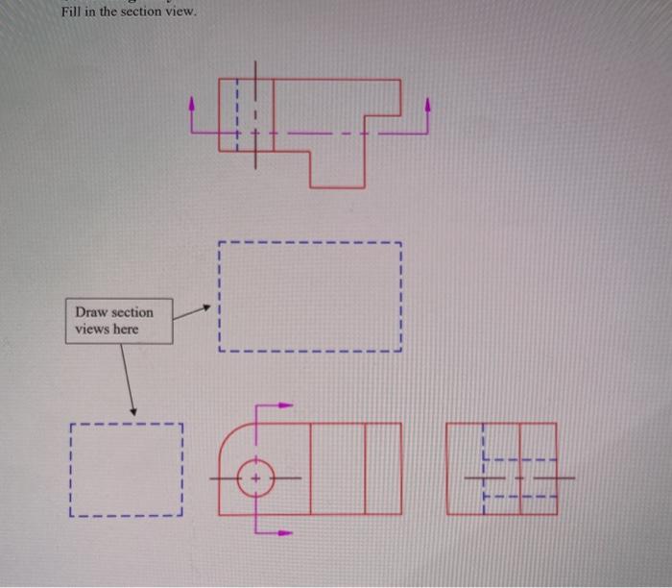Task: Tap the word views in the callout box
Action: pos(91,330)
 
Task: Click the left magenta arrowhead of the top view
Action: pos(194,102)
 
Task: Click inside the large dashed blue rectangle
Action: pos(309,296)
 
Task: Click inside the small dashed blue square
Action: pos(126,470)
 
